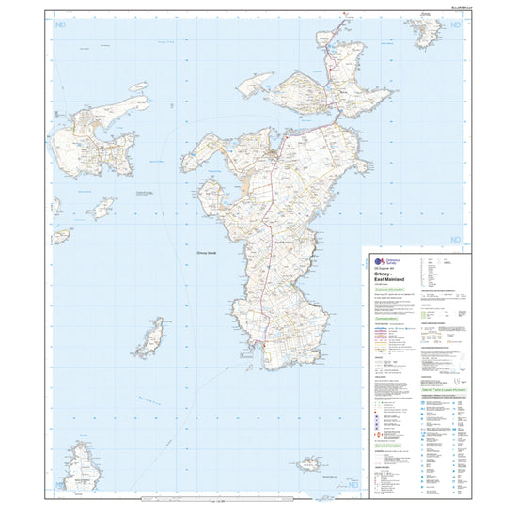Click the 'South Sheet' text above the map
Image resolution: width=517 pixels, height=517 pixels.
[463, 7]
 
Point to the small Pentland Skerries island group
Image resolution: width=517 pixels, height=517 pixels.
[310, 464]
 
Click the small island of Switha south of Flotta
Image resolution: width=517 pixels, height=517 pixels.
[102, 208]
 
